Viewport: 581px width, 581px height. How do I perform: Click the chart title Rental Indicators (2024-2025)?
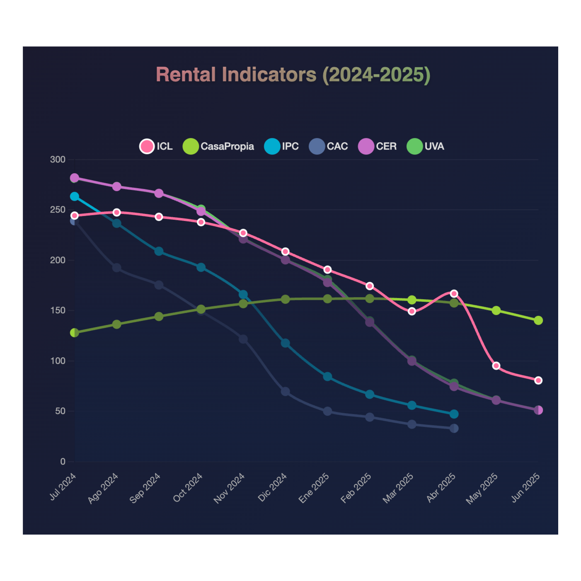293,75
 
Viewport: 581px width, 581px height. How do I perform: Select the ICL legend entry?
156,146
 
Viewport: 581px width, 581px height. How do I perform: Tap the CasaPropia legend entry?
218,146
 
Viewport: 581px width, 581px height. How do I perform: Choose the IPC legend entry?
281,146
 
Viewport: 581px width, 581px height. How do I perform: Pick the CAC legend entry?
328,146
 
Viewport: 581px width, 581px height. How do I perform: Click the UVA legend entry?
426,146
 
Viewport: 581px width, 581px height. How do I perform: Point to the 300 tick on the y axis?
58,160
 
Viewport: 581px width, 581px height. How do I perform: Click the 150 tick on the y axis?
58,310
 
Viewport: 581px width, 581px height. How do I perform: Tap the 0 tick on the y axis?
63,462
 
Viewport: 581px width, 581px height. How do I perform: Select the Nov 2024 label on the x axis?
229,489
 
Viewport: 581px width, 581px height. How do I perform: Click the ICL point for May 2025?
496,366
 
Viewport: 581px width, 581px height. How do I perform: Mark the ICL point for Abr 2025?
454,293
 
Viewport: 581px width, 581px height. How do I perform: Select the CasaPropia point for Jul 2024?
75,333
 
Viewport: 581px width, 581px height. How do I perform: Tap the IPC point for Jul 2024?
75,196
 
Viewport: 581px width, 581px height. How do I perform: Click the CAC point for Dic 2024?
285,392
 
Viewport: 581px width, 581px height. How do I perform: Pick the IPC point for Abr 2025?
454,414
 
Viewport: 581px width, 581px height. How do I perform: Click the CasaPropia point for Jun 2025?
538,320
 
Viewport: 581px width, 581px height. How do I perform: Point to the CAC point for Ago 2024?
117,268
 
